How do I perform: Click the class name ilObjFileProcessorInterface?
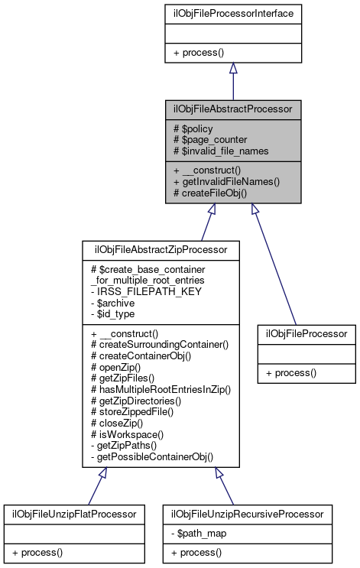(x=233, y=12)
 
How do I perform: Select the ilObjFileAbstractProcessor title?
(x=233, y=109)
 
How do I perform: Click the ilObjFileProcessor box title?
(x=306, y=333)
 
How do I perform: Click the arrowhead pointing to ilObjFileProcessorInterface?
(x=233, y=68)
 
